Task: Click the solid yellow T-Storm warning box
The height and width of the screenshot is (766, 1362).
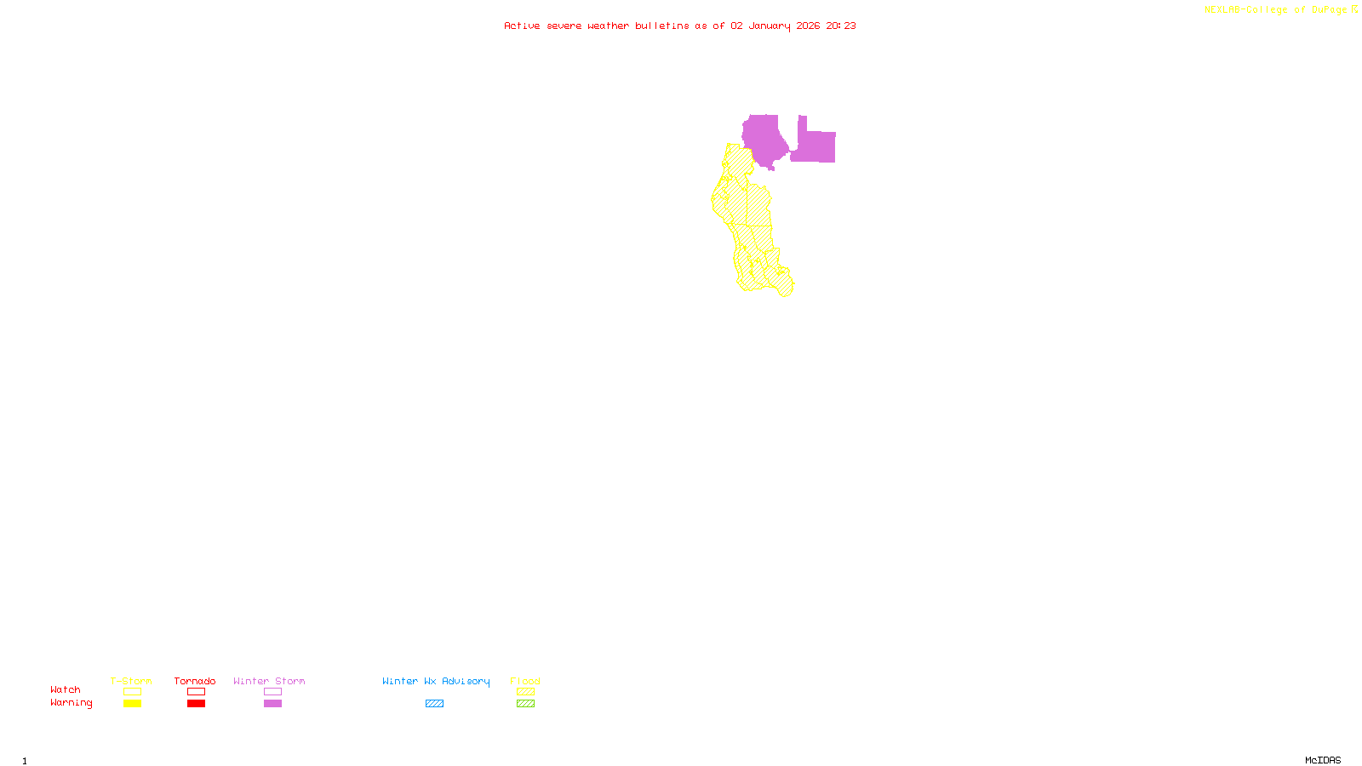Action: point(132,704)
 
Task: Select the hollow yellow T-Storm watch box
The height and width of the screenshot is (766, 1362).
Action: point(132,692)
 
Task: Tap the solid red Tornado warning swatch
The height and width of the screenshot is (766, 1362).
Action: point(196,704)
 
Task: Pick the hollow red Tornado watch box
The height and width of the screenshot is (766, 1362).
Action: point(196,692)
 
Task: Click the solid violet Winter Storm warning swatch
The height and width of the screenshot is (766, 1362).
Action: point(272,704)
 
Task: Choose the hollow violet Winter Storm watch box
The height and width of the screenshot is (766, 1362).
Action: point(272,692)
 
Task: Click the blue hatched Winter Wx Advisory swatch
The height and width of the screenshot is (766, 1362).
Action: point(434,704)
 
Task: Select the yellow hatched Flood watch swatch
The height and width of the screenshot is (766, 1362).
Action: point(525,692)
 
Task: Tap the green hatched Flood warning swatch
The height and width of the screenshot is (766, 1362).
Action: point(525,704)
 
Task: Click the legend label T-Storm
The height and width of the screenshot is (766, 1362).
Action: point(131,681)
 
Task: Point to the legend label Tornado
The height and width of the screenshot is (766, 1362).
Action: point(195,681)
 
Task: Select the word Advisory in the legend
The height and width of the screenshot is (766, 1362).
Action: point(466,681)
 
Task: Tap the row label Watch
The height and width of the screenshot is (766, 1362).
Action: point(66,689)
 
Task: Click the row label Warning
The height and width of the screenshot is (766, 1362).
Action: point(72,703)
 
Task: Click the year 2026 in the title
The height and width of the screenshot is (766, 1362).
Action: point(808,26)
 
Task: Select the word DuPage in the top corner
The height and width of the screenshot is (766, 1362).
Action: point(1329,10)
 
